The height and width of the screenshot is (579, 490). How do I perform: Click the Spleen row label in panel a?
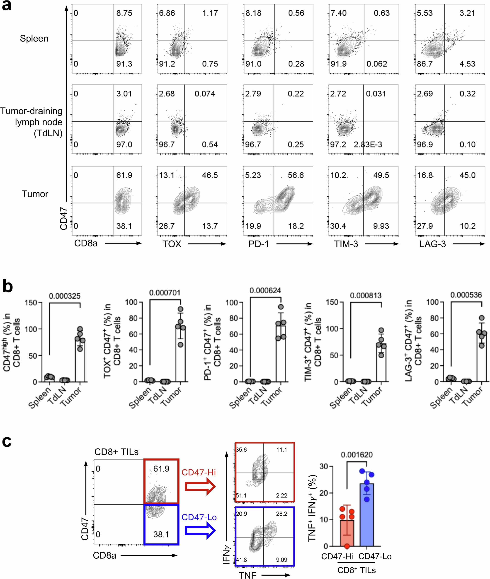coord(34,38)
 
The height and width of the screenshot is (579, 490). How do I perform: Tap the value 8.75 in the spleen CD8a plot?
coord(124,13)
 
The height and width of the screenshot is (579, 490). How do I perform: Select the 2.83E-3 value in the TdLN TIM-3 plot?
coord(368,145)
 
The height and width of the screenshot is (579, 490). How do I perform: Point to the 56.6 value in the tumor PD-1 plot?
coord(296,175)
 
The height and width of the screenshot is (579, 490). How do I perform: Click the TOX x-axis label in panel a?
coord(172,244)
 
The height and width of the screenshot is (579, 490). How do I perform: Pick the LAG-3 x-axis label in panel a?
coord(432,244)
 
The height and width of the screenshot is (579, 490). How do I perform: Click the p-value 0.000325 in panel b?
coord(65,296)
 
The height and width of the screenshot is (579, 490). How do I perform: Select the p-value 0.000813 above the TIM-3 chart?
coord(366,296)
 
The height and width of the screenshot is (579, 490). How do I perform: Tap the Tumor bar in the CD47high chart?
coord(80,361)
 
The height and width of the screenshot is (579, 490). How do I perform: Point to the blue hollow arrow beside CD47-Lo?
coord(200,531)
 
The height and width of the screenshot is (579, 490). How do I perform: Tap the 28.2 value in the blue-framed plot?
coord(281,514)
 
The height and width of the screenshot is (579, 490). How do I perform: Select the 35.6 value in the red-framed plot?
coord(241,450)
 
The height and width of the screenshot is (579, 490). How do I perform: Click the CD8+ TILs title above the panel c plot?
coord(116,452)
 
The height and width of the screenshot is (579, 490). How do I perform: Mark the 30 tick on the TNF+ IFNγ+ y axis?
coord(324,466)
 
